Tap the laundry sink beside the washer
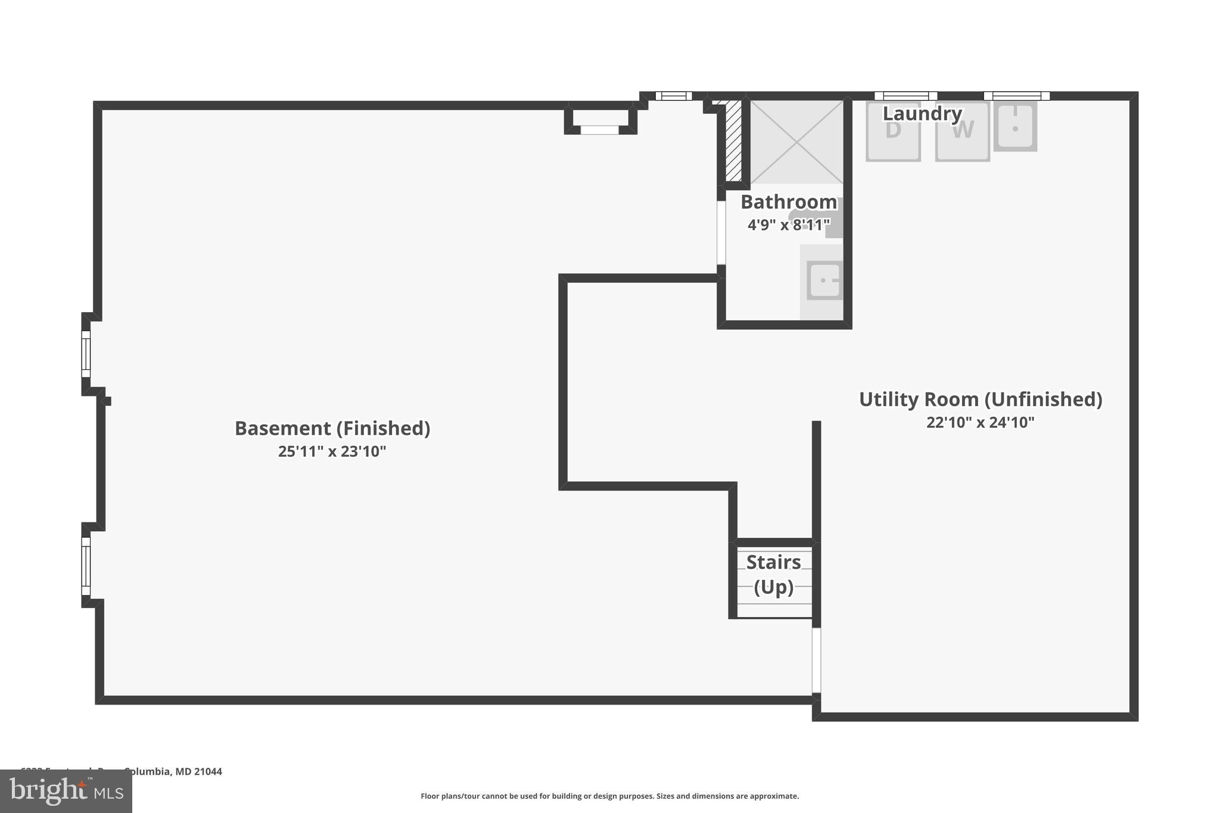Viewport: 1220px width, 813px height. tap(1015, 126)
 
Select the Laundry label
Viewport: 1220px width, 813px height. tap(922, 113)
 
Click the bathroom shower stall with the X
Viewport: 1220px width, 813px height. tap(796, 142)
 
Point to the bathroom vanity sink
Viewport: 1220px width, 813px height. tap(824, 280)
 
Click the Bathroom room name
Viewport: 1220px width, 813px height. tap(788, 202)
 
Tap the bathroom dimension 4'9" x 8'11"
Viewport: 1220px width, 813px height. tap(788, 225)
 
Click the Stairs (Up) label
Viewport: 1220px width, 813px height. tap(773, 574)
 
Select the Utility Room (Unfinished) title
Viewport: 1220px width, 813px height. tap(980, 399)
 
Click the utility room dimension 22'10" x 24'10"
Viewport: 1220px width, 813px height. tap(980, 422)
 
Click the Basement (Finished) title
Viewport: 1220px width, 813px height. tap(332, 428)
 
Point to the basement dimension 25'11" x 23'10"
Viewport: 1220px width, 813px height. tap(332, 451)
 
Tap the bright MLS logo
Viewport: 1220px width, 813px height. tap(66, 791)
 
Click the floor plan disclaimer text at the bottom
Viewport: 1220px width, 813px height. tap(609, 796)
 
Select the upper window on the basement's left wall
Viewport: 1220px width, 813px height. tap(86, 354)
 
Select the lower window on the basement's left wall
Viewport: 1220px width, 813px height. tap(86, 566)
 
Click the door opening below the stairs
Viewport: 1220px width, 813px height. tap(816, 660)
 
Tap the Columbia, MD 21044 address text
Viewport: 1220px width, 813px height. tap(173, 771)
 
